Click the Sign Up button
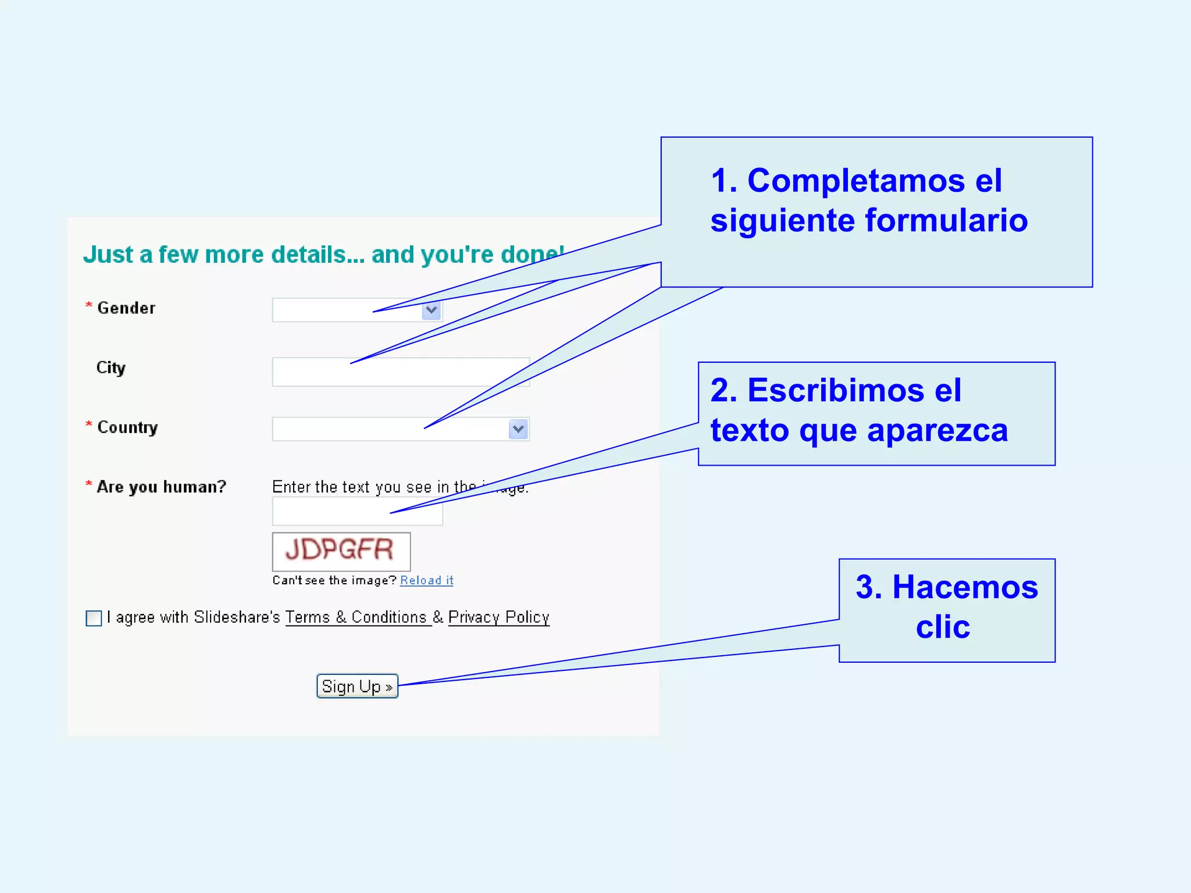point(357,686)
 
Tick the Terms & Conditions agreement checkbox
point(94,618)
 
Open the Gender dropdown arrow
point(431,310)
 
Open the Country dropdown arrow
point(518,429)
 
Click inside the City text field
point(401,372)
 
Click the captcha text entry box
point(357,512)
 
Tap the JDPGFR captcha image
point(341,551)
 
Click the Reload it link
point(426,580)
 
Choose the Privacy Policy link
point(498,617)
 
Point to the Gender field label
point(126,308)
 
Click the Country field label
point(127,427)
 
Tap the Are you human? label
point(161,487)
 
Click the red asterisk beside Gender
point(89,305)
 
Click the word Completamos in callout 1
point(855,181)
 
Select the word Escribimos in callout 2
point(836,390)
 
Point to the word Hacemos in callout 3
point(965,587)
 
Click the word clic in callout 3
point(943,627)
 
